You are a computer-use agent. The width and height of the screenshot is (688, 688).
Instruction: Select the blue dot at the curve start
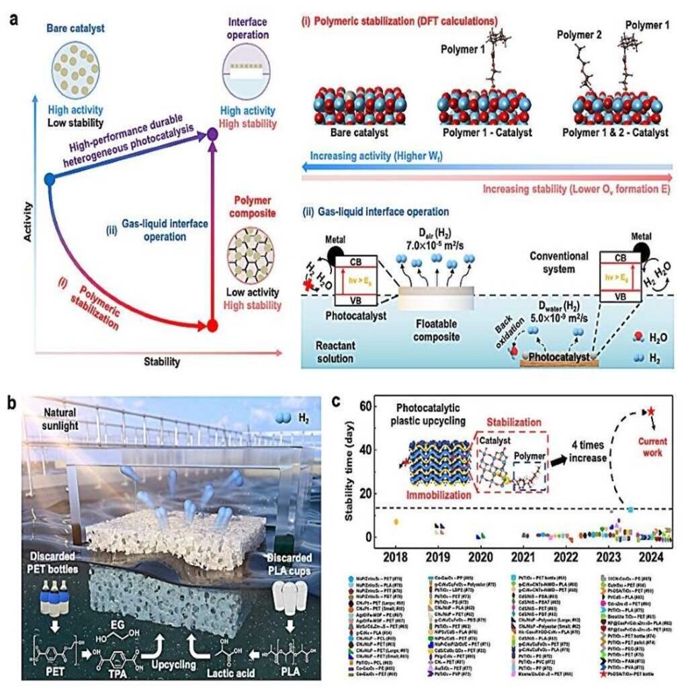pos(48,179)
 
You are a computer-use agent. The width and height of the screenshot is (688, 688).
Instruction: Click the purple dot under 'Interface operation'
pos(212,134)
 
